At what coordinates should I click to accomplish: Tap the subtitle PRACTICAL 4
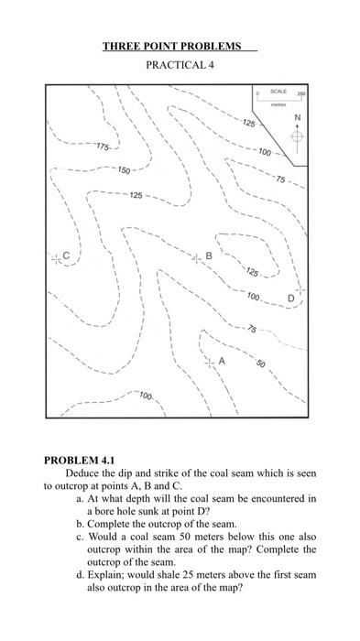coord(180,66)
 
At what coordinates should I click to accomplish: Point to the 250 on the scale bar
coord(300,94)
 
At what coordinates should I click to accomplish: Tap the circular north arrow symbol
coord(297,136)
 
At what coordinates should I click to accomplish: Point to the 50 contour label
coord(260,365)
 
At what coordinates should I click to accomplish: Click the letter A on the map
coord(222,361)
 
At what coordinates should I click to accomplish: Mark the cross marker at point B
coord(196,258)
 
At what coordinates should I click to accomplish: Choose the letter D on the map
coord(290,299)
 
